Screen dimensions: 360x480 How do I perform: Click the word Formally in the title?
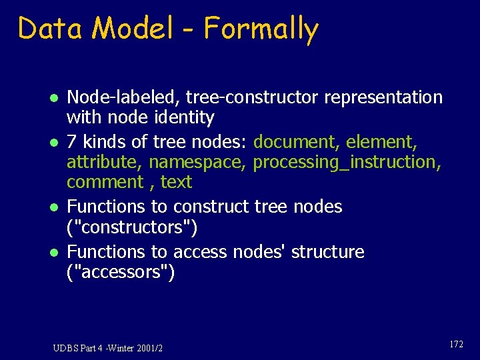tap(261, 29)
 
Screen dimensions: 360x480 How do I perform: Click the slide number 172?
tap(456, 345)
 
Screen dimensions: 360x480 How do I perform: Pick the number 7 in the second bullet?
tap(73, 141)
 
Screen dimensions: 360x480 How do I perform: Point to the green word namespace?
tap(198, 162)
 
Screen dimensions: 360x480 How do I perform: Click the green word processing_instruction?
tap(347, 162)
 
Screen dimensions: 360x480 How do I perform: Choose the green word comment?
tap(105, 181)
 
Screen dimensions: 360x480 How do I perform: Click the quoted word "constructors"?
tap(132, 227)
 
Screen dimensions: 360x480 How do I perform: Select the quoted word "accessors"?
tap(121, 272)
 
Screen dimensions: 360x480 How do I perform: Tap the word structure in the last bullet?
tap(327, 252)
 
